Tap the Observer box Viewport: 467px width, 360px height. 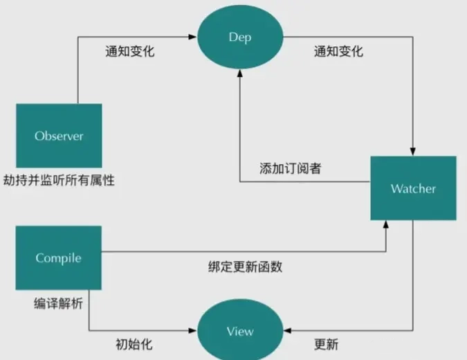pos(59,136)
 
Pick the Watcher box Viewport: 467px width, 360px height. pos(413,188)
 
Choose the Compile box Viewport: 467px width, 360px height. pos(59,258)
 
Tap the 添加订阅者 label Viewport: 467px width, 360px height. pos(290,168)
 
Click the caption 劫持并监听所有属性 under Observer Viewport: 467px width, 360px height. pos(58,180)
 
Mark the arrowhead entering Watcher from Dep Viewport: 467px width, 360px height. pos(413,152)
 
